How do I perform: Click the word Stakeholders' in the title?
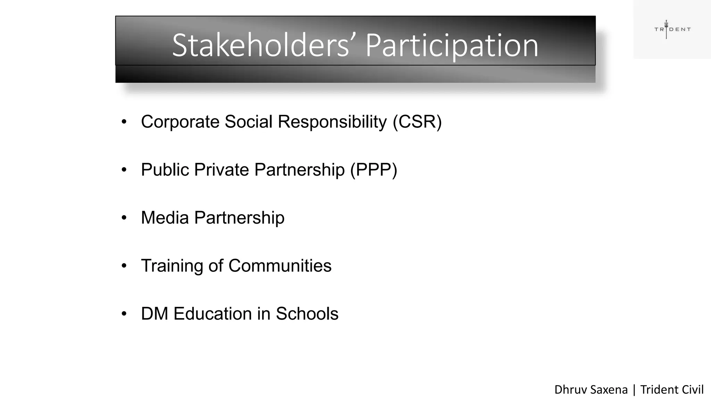[260, 45]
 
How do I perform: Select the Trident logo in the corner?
[672, 29]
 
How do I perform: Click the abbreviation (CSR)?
[417, 122]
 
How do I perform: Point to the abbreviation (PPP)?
[374, 170]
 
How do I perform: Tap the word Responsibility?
[332, 122]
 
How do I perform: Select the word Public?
[165, 170]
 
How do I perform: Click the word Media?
[165, 218]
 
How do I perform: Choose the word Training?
[172, 266]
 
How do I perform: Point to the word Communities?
[280, 266]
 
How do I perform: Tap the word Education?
[212, 314]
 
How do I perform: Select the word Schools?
[307, 314]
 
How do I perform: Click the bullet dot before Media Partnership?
[124, 218]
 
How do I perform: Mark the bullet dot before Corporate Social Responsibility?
[124, 122]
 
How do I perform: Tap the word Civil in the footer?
[693, 390]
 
